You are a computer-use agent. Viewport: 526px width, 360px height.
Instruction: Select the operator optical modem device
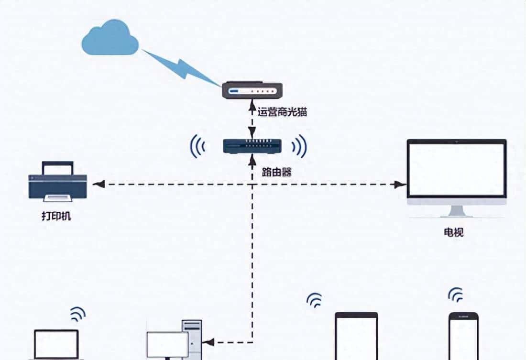click(252, 90)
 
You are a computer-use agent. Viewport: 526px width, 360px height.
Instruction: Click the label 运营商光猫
click(282, 113)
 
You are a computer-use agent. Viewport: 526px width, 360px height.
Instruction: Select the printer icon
click(58, 181)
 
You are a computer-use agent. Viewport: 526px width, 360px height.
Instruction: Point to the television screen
click(456, 170)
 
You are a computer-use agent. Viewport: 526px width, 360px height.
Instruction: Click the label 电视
click(453, 233)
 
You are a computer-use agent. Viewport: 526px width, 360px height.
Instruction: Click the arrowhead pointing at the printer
click(98, 185)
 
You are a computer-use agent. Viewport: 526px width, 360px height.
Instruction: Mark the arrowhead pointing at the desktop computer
click(208, 342)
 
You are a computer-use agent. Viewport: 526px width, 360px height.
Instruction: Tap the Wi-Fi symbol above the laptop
click(77, 314)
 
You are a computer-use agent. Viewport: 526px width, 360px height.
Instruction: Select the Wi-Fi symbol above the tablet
click(314, 300)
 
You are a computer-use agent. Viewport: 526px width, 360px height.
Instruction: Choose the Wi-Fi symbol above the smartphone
click(455, 295)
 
